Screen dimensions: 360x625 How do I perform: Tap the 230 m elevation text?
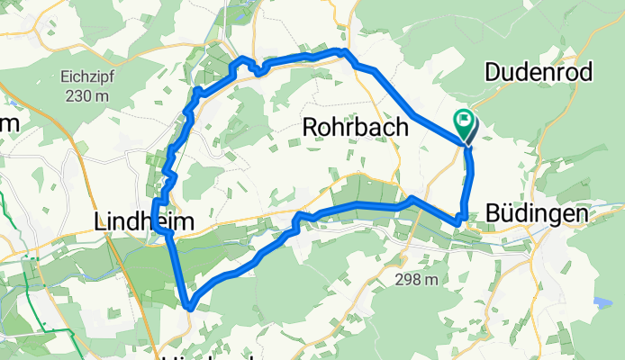(87, 96)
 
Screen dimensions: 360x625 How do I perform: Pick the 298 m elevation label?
(416, 280)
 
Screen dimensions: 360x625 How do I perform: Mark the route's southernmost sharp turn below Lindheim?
(189, 307)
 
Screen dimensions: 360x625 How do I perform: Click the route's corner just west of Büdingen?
(460, 218)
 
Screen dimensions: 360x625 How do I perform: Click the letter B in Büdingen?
(493, 214)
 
